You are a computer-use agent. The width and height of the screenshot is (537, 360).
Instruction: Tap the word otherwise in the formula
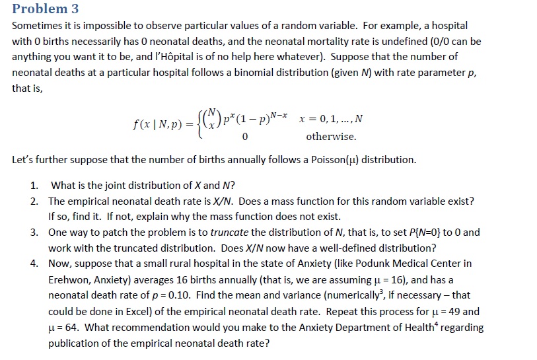(x=331, y=137)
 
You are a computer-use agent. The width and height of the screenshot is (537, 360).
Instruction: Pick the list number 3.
(x=34, y=232)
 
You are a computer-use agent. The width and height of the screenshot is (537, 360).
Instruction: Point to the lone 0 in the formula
(x=244, y=137)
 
